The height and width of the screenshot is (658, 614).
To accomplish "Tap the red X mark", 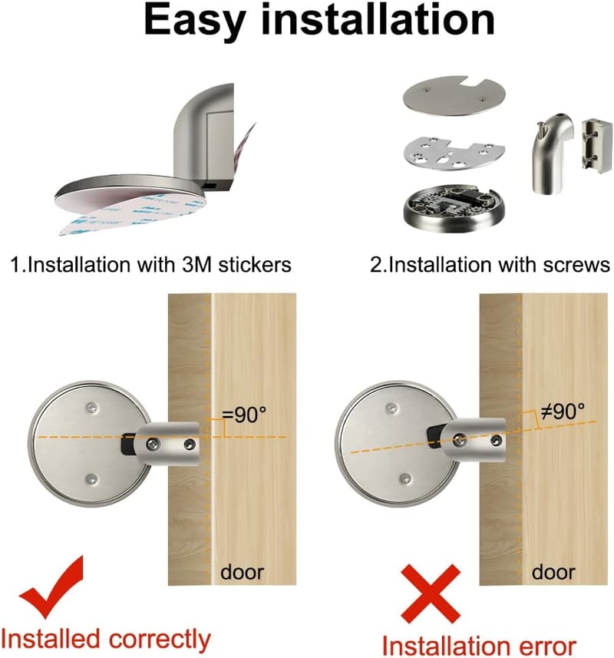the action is coord(431,594).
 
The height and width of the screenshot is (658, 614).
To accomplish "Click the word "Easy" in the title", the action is coord(195,21).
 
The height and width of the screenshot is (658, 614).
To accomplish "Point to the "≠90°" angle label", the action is coord(562,412).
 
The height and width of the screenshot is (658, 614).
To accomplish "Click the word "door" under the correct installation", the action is coord(242,573).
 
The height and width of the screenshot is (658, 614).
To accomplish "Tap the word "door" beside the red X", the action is coord(553,573).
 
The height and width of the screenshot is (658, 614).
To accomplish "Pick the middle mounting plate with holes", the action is coord(454,153).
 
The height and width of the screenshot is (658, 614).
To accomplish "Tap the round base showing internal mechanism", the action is coord(454,207).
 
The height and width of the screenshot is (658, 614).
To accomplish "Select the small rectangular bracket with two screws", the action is coord(594,145).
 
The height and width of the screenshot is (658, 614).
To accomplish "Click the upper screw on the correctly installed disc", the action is coord(91,407).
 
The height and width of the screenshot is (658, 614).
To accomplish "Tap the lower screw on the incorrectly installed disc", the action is coord(404,478).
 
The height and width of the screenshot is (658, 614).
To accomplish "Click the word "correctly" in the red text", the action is coord(160,640).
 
